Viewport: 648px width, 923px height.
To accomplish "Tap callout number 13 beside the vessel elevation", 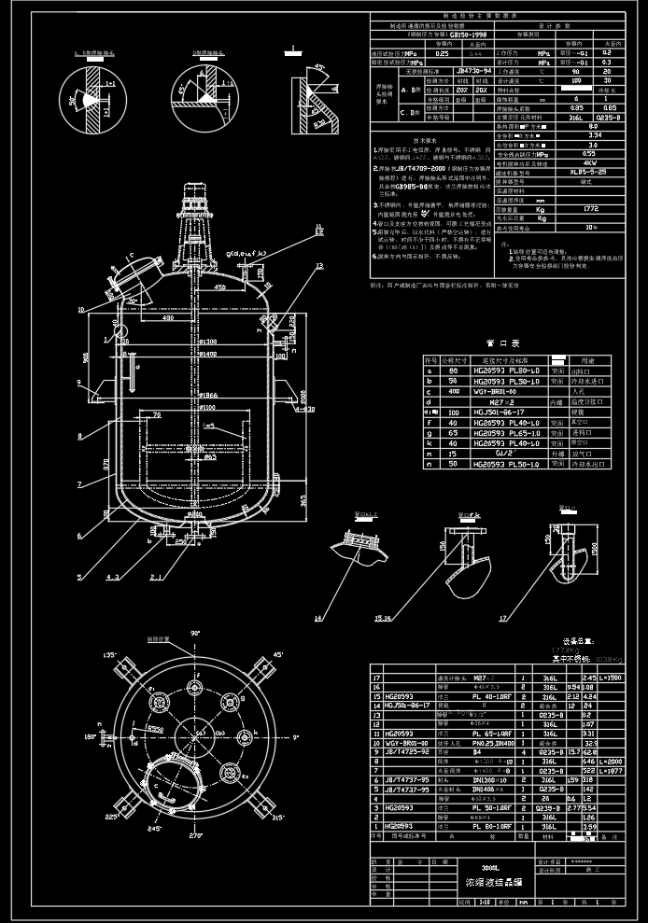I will [x=318, y=267].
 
